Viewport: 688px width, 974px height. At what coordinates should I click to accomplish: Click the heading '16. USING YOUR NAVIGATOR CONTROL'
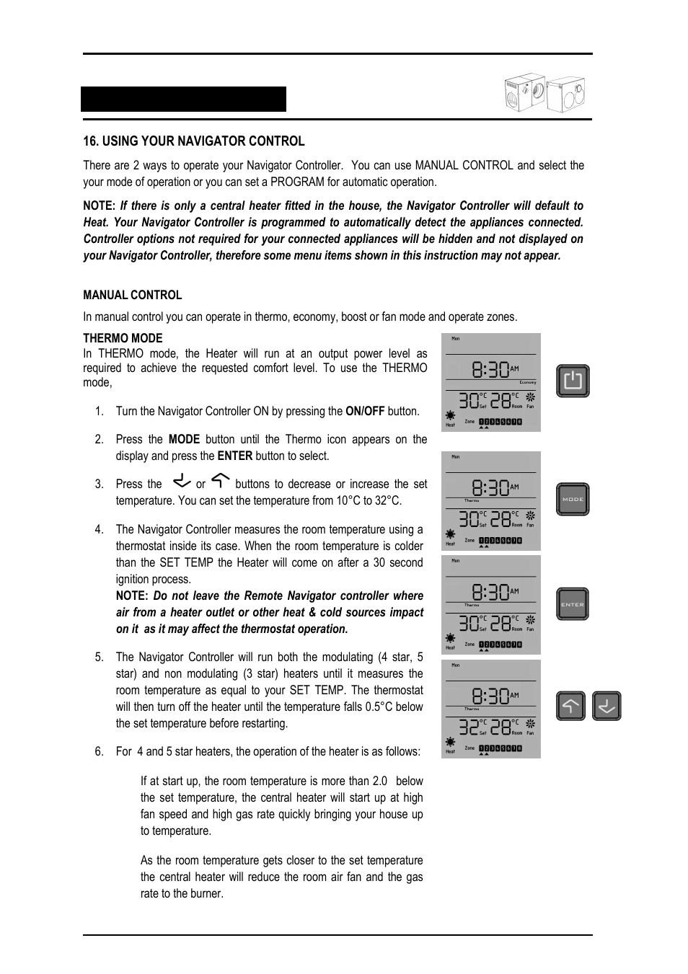pos(194,141)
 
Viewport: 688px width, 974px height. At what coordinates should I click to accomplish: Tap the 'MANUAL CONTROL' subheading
pos(133,295)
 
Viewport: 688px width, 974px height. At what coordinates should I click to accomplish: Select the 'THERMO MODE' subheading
pos(123,338)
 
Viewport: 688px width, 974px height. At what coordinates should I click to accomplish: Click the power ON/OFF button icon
pos(573,381)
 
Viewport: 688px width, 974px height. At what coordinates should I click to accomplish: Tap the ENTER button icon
pos(573,604)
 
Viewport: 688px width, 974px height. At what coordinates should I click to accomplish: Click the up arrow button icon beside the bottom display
pos(570,707)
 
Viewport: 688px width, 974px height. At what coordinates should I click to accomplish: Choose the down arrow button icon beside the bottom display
pos(607,707)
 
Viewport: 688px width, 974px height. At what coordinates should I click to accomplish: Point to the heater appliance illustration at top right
pos(544,94)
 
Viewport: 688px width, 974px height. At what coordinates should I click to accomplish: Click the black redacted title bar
pos(184,99)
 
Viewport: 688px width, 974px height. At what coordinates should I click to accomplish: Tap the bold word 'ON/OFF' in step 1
pos(365,412)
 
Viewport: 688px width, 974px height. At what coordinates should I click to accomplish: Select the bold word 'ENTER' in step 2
pos(235,456)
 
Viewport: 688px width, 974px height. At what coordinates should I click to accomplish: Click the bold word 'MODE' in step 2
pos(184,440)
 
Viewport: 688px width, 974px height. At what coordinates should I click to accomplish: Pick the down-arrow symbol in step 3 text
pos(182,481)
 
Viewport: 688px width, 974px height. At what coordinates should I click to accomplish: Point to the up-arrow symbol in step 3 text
pos(221,481)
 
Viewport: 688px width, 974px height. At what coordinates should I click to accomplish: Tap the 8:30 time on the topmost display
pos(490,371)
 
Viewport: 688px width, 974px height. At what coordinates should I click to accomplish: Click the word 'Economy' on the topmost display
pos(528,383)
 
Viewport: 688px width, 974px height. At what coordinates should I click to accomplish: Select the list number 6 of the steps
pos(99,752)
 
